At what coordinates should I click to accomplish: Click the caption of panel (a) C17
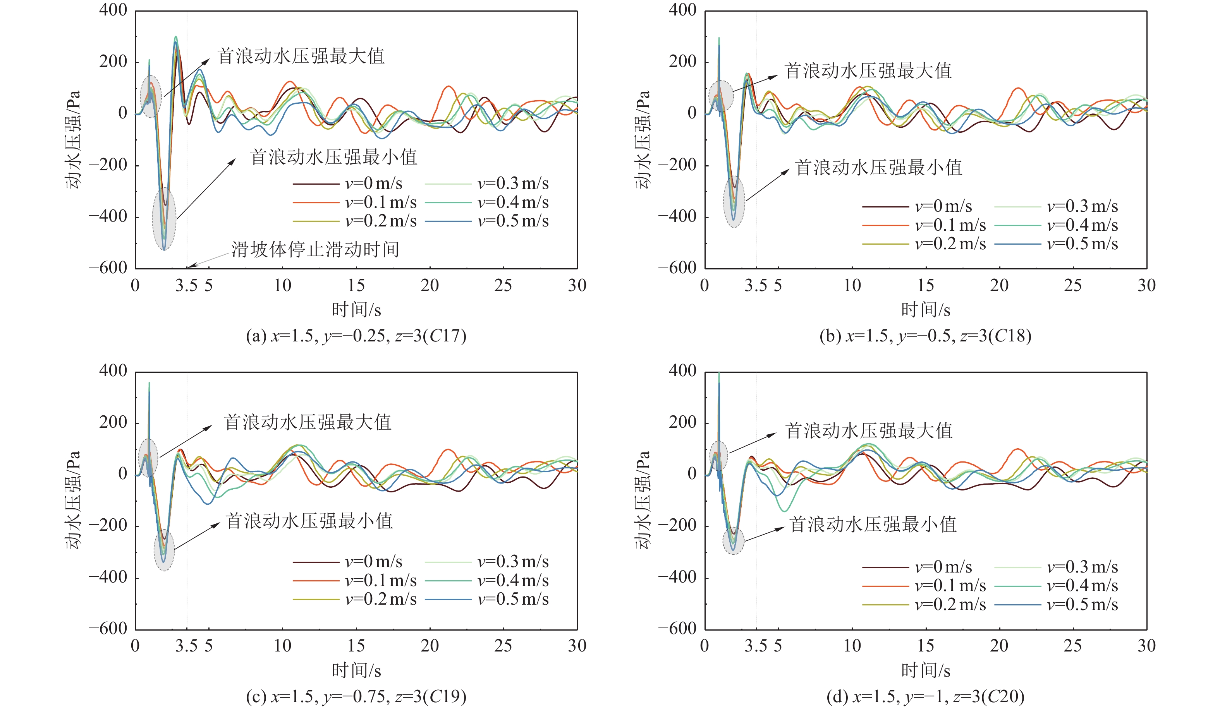pos(356,336)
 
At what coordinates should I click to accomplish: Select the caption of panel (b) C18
pos(925,336)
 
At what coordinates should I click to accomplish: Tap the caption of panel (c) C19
pos(356,696)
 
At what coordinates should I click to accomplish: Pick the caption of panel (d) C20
pos(925,696)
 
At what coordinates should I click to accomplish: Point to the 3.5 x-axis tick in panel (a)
pos(186,286)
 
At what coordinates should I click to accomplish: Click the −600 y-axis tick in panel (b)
pos(677,267)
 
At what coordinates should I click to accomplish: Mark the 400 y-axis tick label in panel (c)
pos(113,371)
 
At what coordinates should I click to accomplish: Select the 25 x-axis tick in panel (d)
pos(1073,646)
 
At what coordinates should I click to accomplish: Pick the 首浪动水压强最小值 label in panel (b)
pos(878,168)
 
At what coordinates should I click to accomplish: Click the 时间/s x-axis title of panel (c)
pos(356,670)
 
